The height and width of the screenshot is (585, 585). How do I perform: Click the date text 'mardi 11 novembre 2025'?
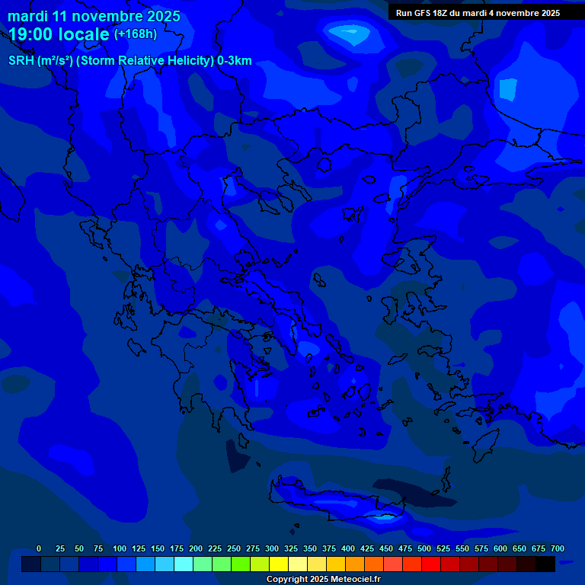[x=94, y=16]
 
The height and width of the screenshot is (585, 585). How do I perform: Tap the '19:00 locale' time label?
[x=59, y=34]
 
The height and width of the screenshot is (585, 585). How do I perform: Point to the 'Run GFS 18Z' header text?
[x=422, y=13]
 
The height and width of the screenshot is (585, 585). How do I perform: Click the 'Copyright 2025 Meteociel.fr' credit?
[x=323, y=579]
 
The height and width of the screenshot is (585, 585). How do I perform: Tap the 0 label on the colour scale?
[x=39, y=548]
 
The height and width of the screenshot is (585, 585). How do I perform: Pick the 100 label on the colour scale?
[x=120, y=548]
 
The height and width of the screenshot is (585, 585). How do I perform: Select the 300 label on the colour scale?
[x=272, y=548]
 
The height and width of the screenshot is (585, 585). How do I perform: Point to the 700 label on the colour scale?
[x=557, y=548]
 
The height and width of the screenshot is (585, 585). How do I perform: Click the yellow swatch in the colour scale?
[x=279, y=564]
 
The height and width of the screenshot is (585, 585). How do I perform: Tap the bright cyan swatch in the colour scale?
[x=184, y=564]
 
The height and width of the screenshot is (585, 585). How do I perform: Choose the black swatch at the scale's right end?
[x=545, y=564]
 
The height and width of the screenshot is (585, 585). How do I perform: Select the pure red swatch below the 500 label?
[x=431, y=564]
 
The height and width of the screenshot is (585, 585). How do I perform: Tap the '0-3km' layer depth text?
[x=235, y=61]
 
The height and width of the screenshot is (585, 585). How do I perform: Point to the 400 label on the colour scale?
[x=348, y=548]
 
